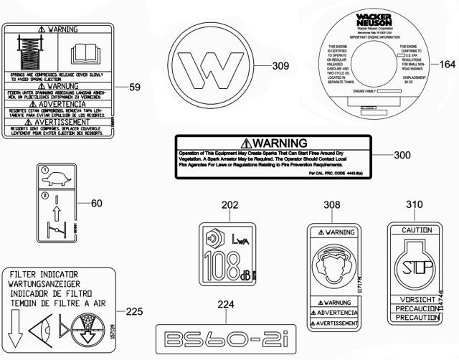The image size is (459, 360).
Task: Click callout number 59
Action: pyautogui.click(x=134, y=87)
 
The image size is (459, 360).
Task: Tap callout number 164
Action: pyautogui.click(x=448, y=64)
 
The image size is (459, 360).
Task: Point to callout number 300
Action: pyautogui.click(x=403, y=154)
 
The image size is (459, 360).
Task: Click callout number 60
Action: pyautogui.click(x=97, y=203)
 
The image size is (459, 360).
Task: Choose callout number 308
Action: pyautogui.click(x=331, y=206)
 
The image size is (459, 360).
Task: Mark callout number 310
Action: pyautogui.click(x=414, y=205)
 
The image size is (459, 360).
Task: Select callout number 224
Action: pyautogui.click(x=226, y=304)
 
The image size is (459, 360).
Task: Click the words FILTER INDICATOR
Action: pyautogui.click(x=47, y=274)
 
